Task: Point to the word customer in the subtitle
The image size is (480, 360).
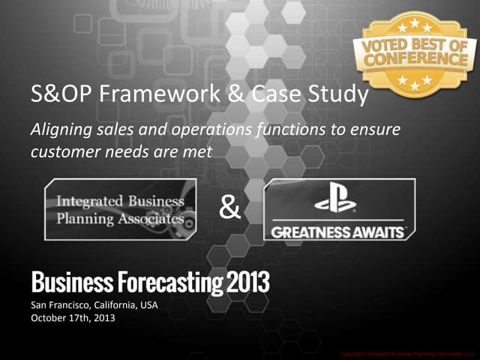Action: [61, 151]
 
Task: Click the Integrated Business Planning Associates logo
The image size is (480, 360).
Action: [120, 209]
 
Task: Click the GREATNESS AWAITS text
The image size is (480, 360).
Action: [337, 232]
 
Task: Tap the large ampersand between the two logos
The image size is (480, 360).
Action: [229, 208]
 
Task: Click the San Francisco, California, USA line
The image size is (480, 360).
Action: [94, 305]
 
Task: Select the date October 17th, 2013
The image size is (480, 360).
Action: [73, 317]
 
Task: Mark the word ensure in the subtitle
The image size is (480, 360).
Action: [379, 130]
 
